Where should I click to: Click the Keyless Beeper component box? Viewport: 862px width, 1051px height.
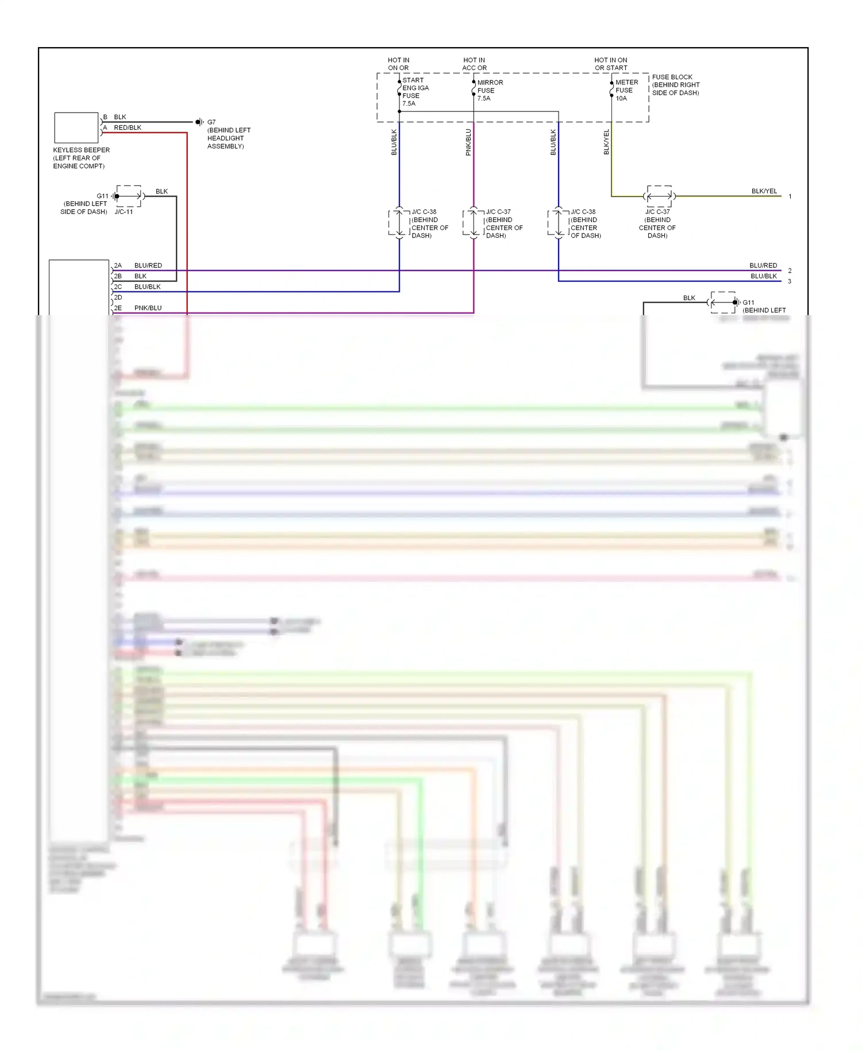pyautogui.click(x=76, y=128)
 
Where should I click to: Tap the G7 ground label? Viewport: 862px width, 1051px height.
pyautogui.click(x=211, y=122)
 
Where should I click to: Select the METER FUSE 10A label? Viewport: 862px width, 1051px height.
pyautogui.click(x=626, y=90)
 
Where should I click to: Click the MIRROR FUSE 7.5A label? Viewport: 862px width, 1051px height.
pyautogui.click(x=490, y=90)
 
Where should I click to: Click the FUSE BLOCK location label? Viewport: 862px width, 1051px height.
pyautogui.click(x=675, y=85)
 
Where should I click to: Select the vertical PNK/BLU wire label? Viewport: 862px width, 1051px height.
pyautogui.click(x=468, y=142)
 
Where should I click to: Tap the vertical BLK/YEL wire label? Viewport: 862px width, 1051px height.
pyautogui.click(x=606, y=142)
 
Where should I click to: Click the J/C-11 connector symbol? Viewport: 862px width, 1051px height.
pyautogui.click(x=129, y=196)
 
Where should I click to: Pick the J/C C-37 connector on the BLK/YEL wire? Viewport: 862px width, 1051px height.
pyautogui.click(x=659, y=196)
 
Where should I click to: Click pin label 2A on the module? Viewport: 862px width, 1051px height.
pyautogui.click(x=118, y=266)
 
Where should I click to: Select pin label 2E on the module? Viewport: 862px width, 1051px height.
pyautogui.click(x=118, y=308)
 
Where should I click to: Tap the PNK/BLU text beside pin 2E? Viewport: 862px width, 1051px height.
pyautogui.click(x=148, y=308)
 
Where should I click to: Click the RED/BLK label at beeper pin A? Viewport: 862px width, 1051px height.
pyautogui.click(x=128, y=128)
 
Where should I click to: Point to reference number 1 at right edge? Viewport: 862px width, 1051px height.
pyautogui.click(x=790, y=197)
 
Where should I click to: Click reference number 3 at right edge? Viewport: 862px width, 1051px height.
pyautogui.click(x=790, y=282)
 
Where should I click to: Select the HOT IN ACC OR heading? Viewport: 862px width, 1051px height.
pyautogui.click(x=474, y=64)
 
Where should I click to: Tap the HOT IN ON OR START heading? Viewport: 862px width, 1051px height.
pyautogui.click(x=610, y=64)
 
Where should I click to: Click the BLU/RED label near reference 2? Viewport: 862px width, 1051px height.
pyautogui.click(x=763, y=266)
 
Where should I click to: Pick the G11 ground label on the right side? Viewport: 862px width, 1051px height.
pyautogui.click(x=748, y=302)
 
